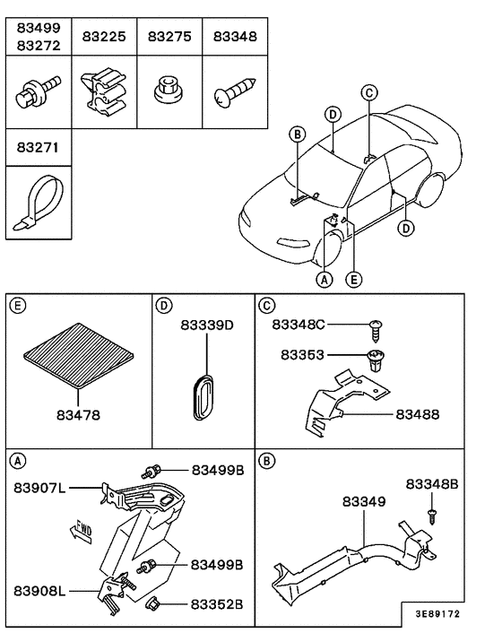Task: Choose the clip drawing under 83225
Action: point(103,90)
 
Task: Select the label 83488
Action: point(417,414)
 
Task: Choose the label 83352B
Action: point(216,603)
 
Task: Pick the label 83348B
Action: point(432,483)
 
